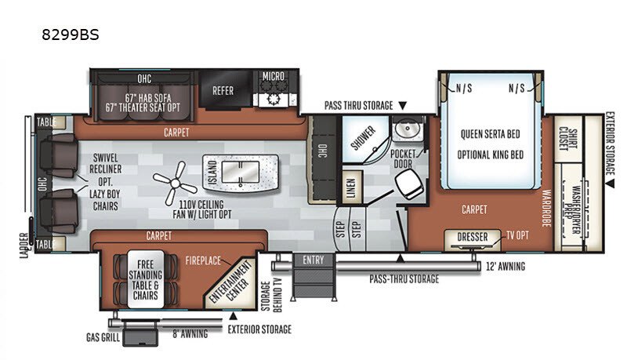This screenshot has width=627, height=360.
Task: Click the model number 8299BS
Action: [x=71, y=35]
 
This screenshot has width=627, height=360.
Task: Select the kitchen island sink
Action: [x=241, y=173]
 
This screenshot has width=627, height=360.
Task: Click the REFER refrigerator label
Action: [x=223, y=91]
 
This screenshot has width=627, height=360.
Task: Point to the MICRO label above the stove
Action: [x=274, y=76]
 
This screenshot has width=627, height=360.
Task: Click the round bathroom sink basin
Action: [x=408, y=129]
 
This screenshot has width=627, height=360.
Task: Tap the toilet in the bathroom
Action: [x=409, y=185]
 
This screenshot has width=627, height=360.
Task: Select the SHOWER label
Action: [x=364, y=137]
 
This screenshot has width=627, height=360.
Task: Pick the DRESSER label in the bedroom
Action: [x=473, y=237]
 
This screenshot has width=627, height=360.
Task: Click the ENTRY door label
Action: [x=313, y=260]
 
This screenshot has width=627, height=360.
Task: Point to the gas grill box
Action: [x=140, y=333]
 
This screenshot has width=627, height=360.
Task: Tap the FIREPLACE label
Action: [x=203, y=261]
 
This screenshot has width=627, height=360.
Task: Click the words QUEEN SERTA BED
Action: [x=491, y=134]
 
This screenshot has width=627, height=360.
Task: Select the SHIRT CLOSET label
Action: [x=567, y=138]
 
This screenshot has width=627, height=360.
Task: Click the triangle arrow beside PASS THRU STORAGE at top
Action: [x=402, y=106]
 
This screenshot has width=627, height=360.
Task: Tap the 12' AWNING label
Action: [x=506, y=267]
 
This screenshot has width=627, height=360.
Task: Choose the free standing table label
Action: [x=146, y=280]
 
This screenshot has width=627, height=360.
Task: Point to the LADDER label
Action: [x=25, y=245]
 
